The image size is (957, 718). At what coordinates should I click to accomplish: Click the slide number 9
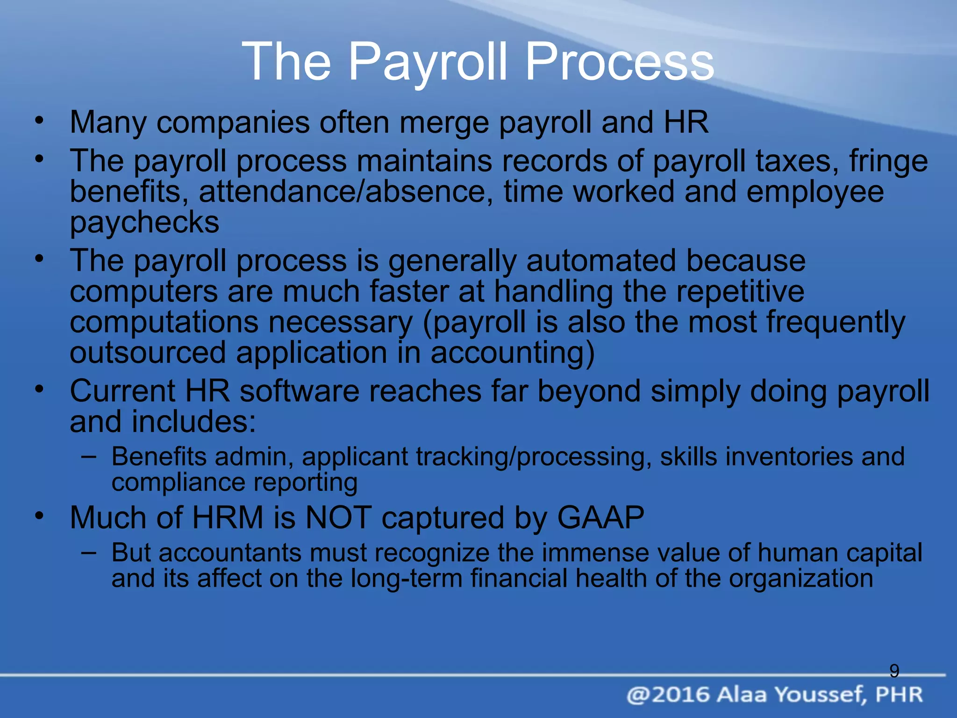894,671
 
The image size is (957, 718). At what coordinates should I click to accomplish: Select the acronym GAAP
601,517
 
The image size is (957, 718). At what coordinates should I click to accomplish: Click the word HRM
228,517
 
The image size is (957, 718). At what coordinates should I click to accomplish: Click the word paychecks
144,223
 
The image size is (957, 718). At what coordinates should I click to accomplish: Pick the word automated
601,260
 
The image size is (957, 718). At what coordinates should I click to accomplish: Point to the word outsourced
148,352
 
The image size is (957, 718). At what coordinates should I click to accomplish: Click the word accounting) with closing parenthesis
513,352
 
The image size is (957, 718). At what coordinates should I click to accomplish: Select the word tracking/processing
534,457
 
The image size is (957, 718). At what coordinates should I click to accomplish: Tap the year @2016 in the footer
668,695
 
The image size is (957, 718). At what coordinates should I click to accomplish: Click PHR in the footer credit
899,695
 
